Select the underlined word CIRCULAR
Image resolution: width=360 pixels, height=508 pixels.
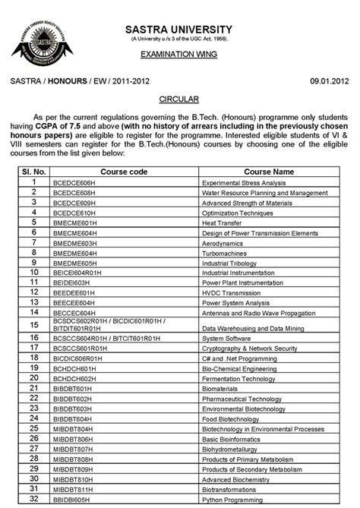coord(179,99)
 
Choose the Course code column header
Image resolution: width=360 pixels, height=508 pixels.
coord(124,172)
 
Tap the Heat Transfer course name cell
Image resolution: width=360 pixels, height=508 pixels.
coord(222,223)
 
